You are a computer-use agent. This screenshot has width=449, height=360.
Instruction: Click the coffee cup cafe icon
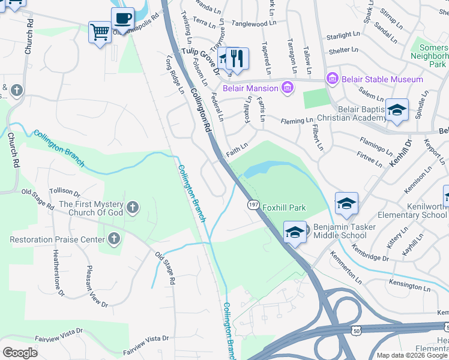tap(122, 18)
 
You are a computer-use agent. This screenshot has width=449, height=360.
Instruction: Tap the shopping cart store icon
tap(100, 32)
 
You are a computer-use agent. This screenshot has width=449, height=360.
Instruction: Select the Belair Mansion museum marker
tap(288, 88)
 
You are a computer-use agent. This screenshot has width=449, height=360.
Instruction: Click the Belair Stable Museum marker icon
tap(332, 79)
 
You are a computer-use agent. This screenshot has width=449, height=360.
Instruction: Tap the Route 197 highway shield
tap(253, 205)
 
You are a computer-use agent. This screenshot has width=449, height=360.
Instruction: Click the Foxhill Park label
tap(284, 208)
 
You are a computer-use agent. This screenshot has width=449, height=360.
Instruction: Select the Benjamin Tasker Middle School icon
tap(295, 232)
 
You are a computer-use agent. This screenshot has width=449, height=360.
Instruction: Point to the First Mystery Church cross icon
tap(133, 208)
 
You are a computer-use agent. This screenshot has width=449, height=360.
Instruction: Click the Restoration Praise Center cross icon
tap(113, 239)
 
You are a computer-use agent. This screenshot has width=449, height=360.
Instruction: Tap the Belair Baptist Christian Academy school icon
tap(396, 110)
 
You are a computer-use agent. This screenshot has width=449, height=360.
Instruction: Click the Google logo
tap(20, 352)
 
